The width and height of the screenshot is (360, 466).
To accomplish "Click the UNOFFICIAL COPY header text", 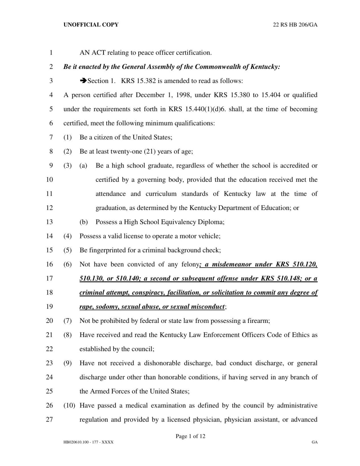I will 91,25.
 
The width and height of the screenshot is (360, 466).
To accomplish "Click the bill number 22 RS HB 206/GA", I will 295,25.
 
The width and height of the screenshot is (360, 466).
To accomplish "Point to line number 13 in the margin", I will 49,222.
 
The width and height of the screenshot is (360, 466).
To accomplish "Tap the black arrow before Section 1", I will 83,81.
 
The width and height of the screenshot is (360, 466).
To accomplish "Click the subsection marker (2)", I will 67,151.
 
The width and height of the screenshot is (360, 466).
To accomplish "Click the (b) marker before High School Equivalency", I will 83,222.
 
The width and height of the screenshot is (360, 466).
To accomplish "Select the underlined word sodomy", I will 107,307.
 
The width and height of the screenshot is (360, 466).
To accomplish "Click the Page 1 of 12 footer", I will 190,436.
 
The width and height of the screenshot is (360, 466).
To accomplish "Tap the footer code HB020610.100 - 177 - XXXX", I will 88,442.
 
